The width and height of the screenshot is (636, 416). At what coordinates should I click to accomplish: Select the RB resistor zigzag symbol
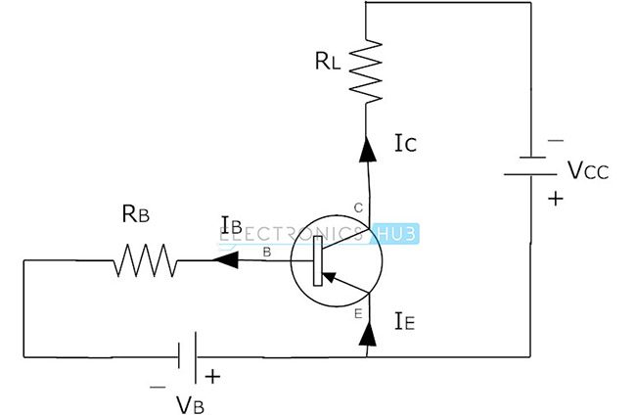tap(146, 261)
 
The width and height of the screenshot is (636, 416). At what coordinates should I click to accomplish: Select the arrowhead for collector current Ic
tap(368, 148)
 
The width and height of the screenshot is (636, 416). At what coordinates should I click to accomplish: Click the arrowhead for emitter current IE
tap(368, 334)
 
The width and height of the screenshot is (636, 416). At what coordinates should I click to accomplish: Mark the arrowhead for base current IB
tap(226, 261)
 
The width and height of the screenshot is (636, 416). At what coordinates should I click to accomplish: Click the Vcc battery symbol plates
tap(530, 167)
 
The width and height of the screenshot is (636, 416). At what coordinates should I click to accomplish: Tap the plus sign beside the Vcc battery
tap(556, 199)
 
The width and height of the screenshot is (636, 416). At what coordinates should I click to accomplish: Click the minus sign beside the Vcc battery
tap(556, 141)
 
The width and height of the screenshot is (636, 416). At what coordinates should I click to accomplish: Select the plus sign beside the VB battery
tap(211, 375)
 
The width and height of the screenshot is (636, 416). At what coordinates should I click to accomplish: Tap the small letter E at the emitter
tap(356, 313)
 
